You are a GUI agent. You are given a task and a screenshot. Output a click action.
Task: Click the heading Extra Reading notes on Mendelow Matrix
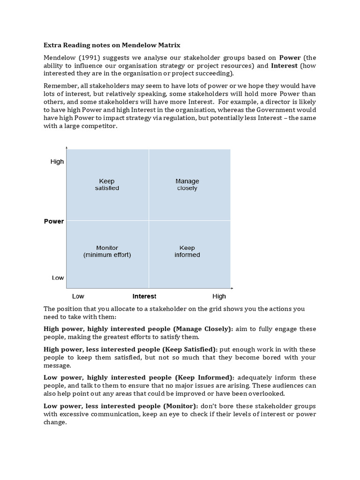point(112,45)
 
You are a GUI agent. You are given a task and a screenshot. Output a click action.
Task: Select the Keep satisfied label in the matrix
point(107,185)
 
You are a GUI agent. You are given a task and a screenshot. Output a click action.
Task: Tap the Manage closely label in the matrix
point(187,185)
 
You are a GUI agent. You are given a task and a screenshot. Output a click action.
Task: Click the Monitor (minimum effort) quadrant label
point(107,251)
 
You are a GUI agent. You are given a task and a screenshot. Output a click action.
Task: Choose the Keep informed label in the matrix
point(187,251)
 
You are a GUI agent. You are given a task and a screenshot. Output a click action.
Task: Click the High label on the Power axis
point(57,162)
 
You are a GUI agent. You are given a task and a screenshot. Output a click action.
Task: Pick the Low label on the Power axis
point(58,278)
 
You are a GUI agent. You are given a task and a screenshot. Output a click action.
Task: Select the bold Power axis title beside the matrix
point(54,221)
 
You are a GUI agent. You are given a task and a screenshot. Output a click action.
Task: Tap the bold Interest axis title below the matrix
point(144,296)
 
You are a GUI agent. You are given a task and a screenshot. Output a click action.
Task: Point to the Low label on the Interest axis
point(78,296)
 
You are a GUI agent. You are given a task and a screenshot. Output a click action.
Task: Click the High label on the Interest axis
point(219,296)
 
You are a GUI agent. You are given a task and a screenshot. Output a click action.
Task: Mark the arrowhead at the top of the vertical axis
point(67,148)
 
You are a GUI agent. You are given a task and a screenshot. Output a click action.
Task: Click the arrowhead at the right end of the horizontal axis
point(232,288)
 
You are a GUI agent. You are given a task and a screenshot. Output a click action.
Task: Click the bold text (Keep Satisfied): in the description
point(190,350)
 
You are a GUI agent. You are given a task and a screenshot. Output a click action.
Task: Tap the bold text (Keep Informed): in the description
point(204,378)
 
